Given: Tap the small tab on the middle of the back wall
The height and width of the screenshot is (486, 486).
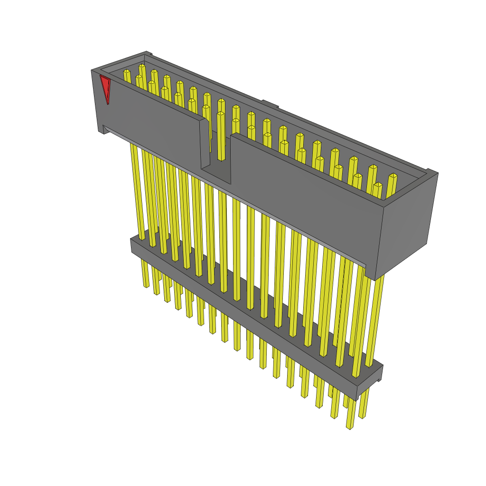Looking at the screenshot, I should click(x=269, y=103).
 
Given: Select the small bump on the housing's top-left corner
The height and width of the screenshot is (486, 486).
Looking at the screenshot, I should click(x=148, y=54).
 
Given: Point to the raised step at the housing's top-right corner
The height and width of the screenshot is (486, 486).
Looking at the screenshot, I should click(x=432, y=171).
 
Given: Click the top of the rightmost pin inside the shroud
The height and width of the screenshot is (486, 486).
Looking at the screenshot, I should click(x=393, y=177).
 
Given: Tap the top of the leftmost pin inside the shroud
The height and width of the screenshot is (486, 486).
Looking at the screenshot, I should click(x=127, y=72).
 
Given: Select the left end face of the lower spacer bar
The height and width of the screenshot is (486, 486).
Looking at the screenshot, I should click(x=133, y=246).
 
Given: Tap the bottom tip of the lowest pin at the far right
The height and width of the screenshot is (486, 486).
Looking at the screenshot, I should click(x=350, y=427).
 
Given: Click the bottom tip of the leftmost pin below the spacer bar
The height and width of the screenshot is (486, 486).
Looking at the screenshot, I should click(x=146, y=286).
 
